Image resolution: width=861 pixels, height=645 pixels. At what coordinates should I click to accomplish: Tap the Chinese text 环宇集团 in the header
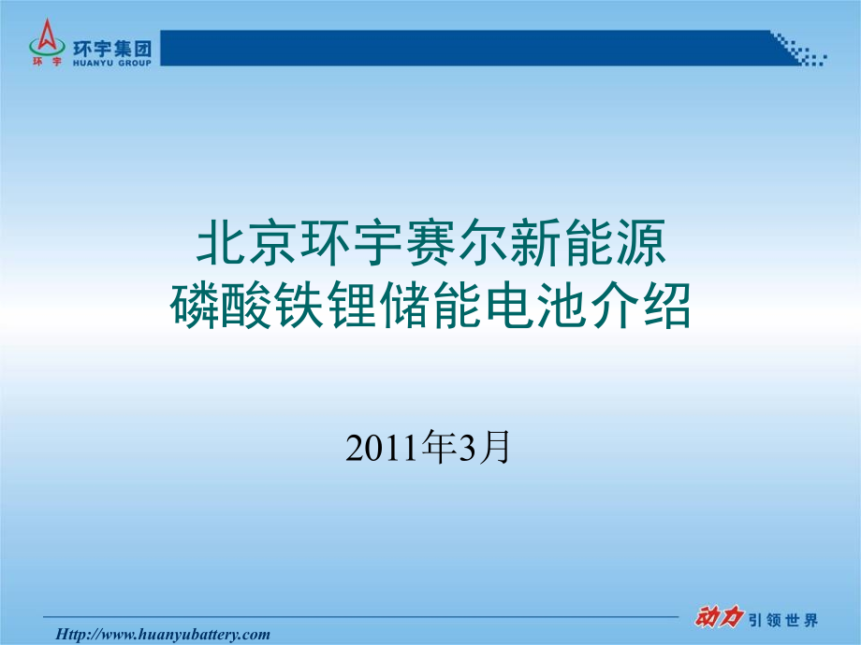click(111, 41)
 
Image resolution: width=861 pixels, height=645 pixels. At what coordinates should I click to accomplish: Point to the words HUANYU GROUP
click(111, 57)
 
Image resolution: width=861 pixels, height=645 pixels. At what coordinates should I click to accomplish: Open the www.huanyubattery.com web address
click(164, 634)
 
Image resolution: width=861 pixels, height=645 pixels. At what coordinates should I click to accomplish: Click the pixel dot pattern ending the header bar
click(800, 51)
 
